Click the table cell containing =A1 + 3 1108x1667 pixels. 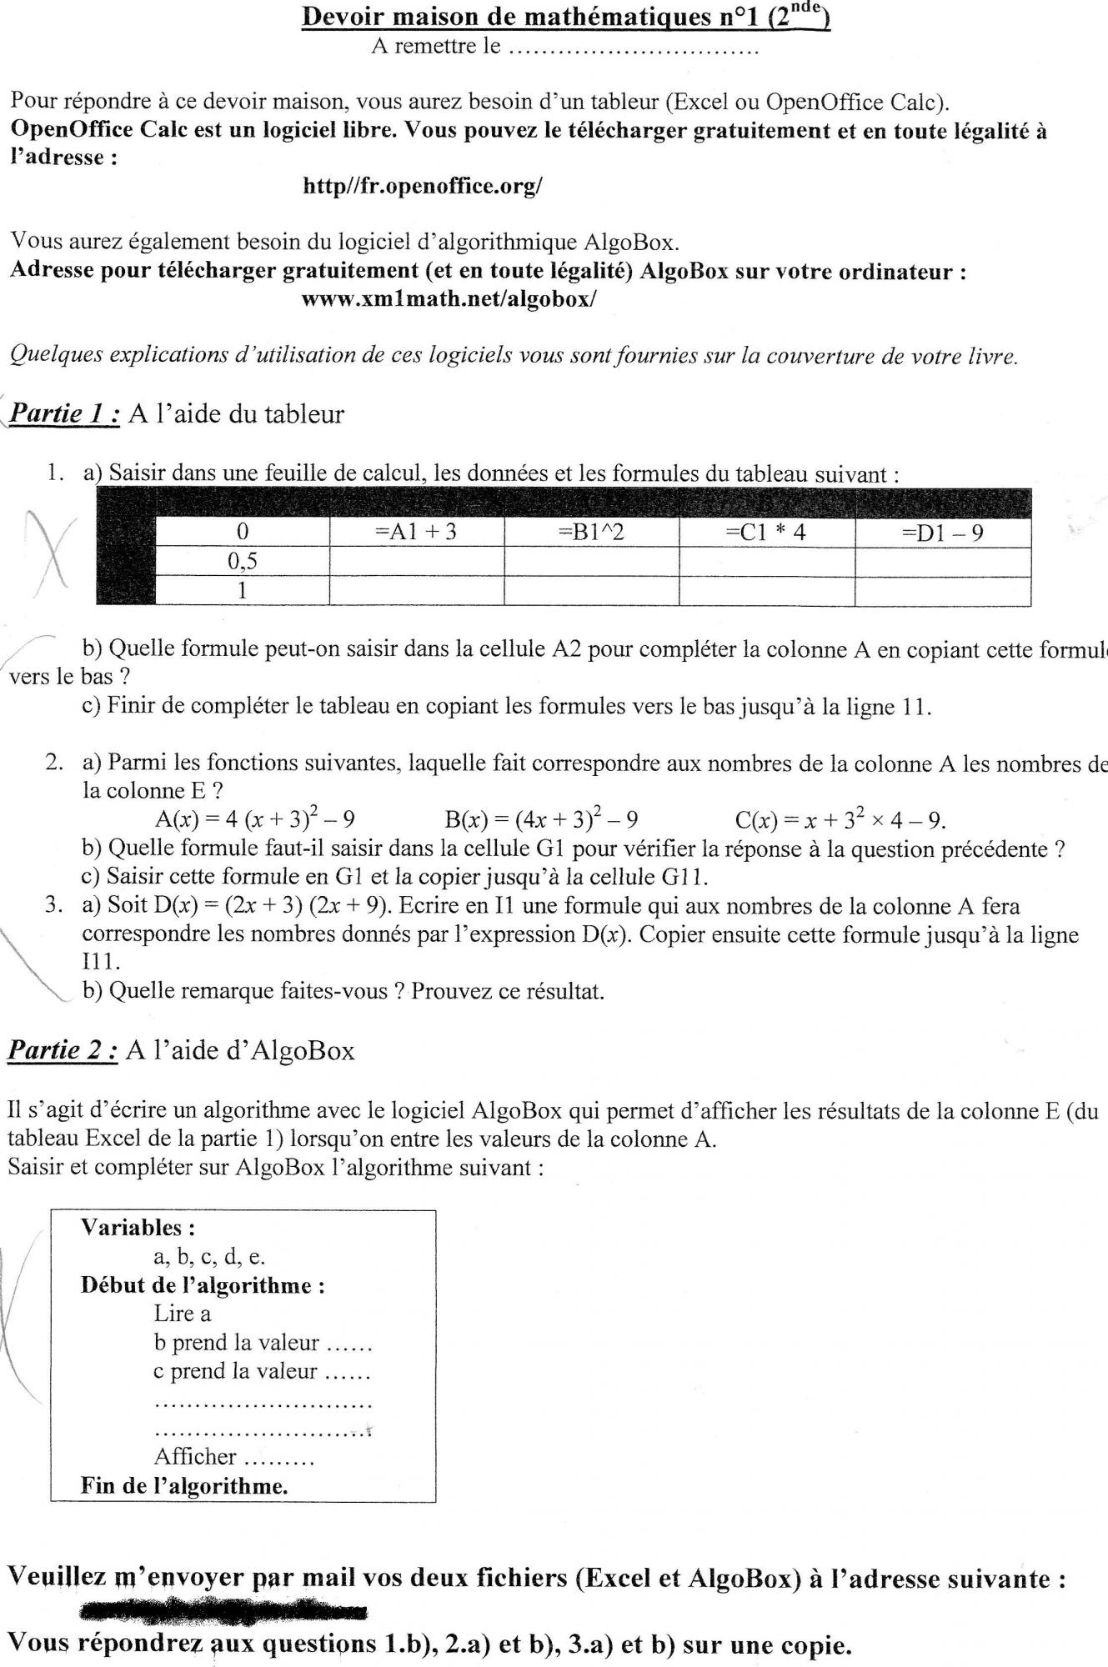click(417, 533)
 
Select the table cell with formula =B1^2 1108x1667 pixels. click(591, 533)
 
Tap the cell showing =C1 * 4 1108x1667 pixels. click(766, 533)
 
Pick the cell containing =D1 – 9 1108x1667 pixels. click(943, 533)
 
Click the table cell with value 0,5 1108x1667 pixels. click(243, 562)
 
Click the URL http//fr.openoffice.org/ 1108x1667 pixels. click(423, 186)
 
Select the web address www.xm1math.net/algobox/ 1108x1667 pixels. click(449, 298)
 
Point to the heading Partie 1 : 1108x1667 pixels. click(66, 413)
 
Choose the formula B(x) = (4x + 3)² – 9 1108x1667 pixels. click(542, 820)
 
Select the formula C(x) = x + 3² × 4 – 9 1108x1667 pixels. click(840, 820)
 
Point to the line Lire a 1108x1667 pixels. click(183, 1314)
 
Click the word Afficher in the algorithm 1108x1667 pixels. click(196, 1456)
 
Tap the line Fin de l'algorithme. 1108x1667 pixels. click(184, 1485)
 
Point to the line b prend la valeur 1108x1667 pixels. click(237, 1343)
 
